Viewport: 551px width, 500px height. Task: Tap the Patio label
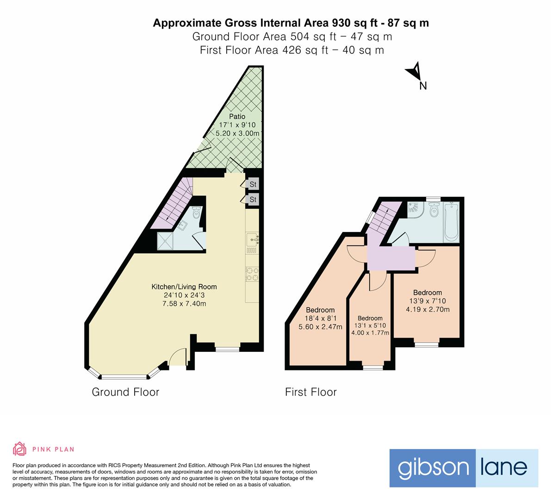coord(237,116)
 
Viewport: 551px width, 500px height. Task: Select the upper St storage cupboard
coord(253,184)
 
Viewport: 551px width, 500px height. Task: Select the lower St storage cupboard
coord(253,200)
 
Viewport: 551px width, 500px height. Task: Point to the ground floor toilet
coord(197,213)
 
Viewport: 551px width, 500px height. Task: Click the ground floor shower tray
coord(166,240)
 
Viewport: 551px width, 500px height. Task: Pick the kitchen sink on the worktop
coord(253,239)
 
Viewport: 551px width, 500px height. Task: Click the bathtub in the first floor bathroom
coord(451,222)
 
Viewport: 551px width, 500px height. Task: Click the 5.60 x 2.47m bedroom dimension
coord(320,327)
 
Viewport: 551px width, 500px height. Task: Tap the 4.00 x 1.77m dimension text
coord(370,333)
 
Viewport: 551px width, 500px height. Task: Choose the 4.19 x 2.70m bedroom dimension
coord(427,310)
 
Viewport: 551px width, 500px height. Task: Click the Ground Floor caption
coord(125,392)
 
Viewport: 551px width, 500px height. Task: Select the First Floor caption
coord(311,392)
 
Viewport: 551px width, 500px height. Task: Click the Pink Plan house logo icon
coord(20,449)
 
